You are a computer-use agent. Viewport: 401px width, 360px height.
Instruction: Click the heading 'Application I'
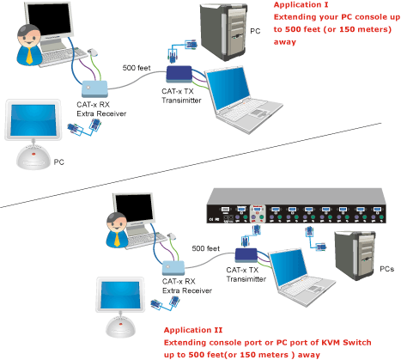301,5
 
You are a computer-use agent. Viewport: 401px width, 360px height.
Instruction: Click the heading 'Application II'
193,330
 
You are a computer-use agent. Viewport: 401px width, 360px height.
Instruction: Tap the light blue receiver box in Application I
94,88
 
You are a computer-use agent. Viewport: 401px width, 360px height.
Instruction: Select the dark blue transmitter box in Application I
179,74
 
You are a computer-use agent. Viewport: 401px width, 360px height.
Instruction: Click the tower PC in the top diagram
223,32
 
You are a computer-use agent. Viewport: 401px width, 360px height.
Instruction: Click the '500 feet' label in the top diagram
137,68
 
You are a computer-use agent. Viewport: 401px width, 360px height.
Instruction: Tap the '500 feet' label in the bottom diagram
206,248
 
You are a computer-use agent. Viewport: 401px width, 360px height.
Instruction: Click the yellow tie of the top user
29,56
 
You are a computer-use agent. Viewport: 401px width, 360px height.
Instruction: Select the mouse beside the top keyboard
93,52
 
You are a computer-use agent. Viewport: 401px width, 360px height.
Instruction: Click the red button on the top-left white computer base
33,154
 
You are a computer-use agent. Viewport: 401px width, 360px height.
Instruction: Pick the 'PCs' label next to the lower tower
386,269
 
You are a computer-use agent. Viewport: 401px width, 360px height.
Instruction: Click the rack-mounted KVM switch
296,205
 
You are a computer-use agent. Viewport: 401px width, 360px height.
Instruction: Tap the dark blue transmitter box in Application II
246,255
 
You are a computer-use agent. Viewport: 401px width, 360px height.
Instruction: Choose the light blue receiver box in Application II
173,268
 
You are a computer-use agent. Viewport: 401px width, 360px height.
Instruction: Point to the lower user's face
117,224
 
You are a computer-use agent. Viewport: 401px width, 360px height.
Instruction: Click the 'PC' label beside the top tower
255,31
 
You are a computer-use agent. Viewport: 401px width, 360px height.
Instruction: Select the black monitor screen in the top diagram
49,20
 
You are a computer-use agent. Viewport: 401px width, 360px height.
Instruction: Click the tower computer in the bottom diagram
355,255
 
